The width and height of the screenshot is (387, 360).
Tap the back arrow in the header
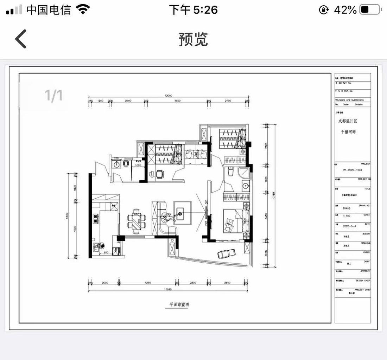[21, 39]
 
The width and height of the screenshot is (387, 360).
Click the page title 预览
[193, 39]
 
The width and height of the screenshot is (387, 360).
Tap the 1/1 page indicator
[53, 95]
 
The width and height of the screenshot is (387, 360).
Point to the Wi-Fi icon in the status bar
[83, 9]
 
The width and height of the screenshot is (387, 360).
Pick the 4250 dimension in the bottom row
[148, 283]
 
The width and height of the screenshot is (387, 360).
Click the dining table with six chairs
[136, 221]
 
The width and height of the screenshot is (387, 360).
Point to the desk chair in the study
[160, 174]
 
